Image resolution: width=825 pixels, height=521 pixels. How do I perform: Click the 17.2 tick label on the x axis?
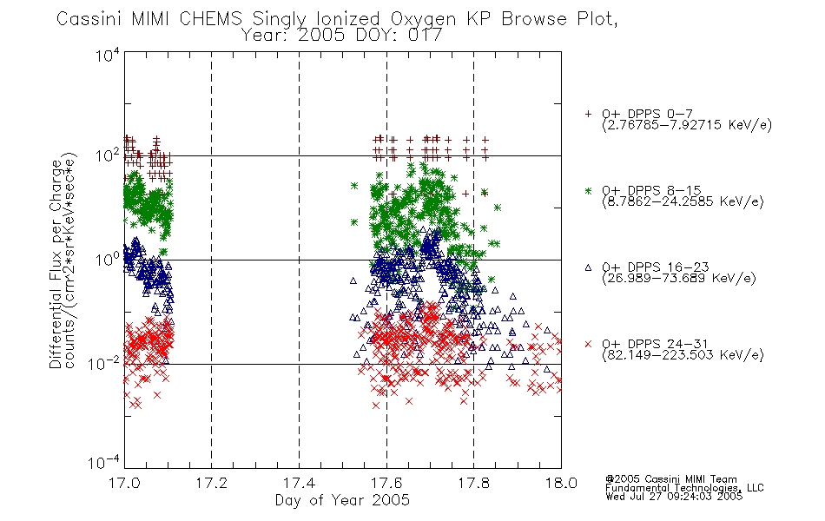[212, 483]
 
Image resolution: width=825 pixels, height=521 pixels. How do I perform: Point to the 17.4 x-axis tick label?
[299, 483]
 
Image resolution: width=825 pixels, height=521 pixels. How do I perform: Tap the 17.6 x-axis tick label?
[386, 483]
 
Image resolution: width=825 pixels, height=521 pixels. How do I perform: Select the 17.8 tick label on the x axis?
[473, 483]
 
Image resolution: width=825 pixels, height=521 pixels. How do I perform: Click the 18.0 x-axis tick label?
[561, 483]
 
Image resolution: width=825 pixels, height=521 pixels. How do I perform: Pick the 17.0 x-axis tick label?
[124, 483]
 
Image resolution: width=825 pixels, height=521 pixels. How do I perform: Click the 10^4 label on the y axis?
[108, 55]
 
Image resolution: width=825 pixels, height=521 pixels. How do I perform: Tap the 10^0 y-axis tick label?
[108, 260]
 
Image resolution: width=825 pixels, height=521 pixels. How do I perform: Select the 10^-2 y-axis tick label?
[104, 363]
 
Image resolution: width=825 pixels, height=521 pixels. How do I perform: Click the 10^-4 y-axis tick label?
[104, 463]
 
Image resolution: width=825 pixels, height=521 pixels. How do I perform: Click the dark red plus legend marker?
[588, 114]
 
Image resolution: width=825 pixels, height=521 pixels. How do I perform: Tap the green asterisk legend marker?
[588, 190]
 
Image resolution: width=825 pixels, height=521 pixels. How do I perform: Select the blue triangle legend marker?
[588, 267]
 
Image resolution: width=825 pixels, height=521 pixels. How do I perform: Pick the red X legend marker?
[588, 344]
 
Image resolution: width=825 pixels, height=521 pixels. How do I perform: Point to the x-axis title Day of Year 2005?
[342, 500]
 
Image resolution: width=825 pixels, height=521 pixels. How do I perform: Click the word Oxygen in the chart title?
[423, 19]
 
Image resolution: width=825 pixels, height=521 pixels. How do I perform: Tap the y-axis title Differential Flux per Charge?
[56, 261]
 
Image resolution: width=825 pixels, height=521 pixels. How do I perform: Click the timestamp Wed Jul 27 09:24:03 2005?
[674, 497]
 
